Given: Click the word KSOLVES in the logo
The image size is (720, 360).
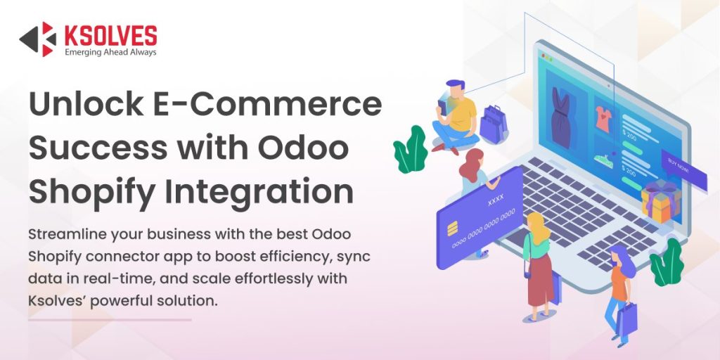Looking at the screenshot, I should (x=110, y=34).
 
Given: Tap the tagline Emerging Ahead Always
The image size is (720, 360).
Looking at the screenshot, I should (x=110, y=52).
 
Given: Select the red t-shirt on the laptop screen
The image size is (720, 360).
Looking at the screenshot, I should (x=603, y=119).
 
